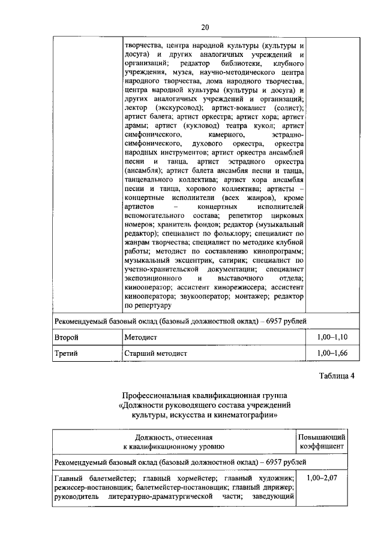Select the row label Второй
pyautogui.click(x=66, y=338)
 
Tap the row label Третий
pyautogui.click(x=66, y=353)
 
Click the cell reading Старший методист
pyautogui.click(x=155, y=353)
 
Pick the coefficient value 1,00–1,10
pyautogui.click(x=332, y=338)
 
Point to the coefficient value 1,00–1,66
pyautogui.click(x=332, y=353)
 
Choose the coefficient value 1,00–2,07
pyautogui.click(x=322, y=478)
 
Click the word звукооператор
pyautogui.click(x=199, y=296)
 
